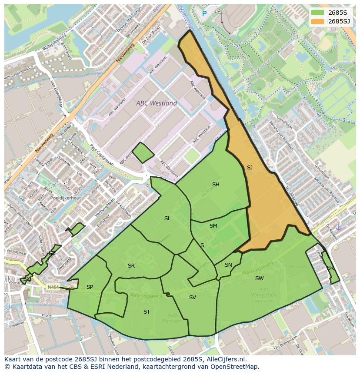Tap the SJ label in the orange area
pos(250,168)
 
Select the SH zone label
pos(216,185)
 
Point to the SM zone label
pos(213,226)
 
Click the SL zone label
pos(167,218)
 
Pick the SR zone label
pos(131,266)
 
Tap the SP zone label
pos(90,287)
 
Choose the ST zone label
pos(147,312)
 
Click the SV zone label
pos(193,298)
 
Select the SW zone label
pos(259,278)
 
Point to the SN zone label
pos(228,265)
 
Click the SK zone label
pos(330,268)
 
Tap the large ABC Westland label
pos(157,103)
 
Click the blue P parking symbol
pos(204,14)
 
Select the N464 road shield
pos(53,287)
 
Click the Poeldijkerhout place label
pos(66,198)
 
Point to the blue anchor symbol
pos(339,227)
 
